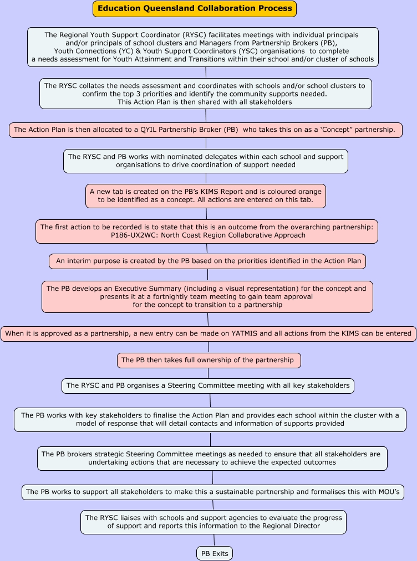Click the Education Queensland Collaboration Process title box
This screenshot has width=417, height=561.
pyautogui.click(x=195, y=9)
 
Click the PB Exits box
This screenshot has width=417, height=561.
pyautogui.click(x=214, y=553)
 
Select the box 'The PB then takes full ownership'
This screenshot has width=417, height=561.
pyautogui.click(x=208, y=360)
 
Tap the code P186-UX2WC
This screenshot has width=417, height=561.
pyautogui.click(x=133, y=235)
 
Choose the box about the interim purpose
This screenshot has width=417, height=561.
pyautogui.click(x=207, y=261)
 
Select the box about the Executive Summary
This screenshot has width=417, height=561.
pyautogui.click(x=207, y=297)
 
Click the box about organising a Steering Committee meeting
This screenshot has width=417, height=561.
pyautogui.click(x=207, y=385)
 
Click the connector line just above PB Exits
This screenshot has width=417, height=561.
pyautogui.click(x=214, y=540)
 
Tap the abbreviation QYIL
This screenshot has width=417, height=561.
pyautogui.click(x=138, y=130)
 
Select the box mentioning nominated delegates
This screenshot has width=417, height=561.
pyautogui.click(x=205, y=161)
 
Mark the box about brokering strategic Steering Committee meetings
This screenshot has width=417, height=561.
pyautogui.click(x=212, y=458)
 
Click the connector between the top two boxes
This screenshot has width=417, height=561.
pyautogui.click(x=206, y=72)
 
